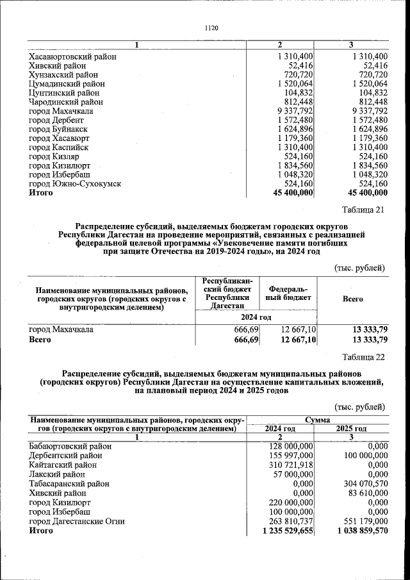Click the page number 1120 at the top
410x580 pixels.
coord(211,28)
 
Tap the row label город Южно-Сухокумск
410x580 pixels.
coord(75,183)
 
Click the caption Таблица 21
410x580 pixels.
coord(363,211)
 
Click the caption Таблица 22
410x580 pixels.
coord(363,357)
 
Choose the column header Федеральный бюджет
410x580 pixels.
coord(289,294)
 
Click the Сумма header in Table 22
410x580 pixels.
coord(318,419)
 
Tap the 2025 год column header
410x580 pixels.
coord(352,428)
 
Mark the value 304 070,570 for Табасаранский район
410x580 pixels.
coord(363,485)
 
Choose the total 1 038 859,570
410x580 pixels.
coord(359,531)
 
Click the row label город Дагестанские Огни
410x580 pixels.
coord(77,521)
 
